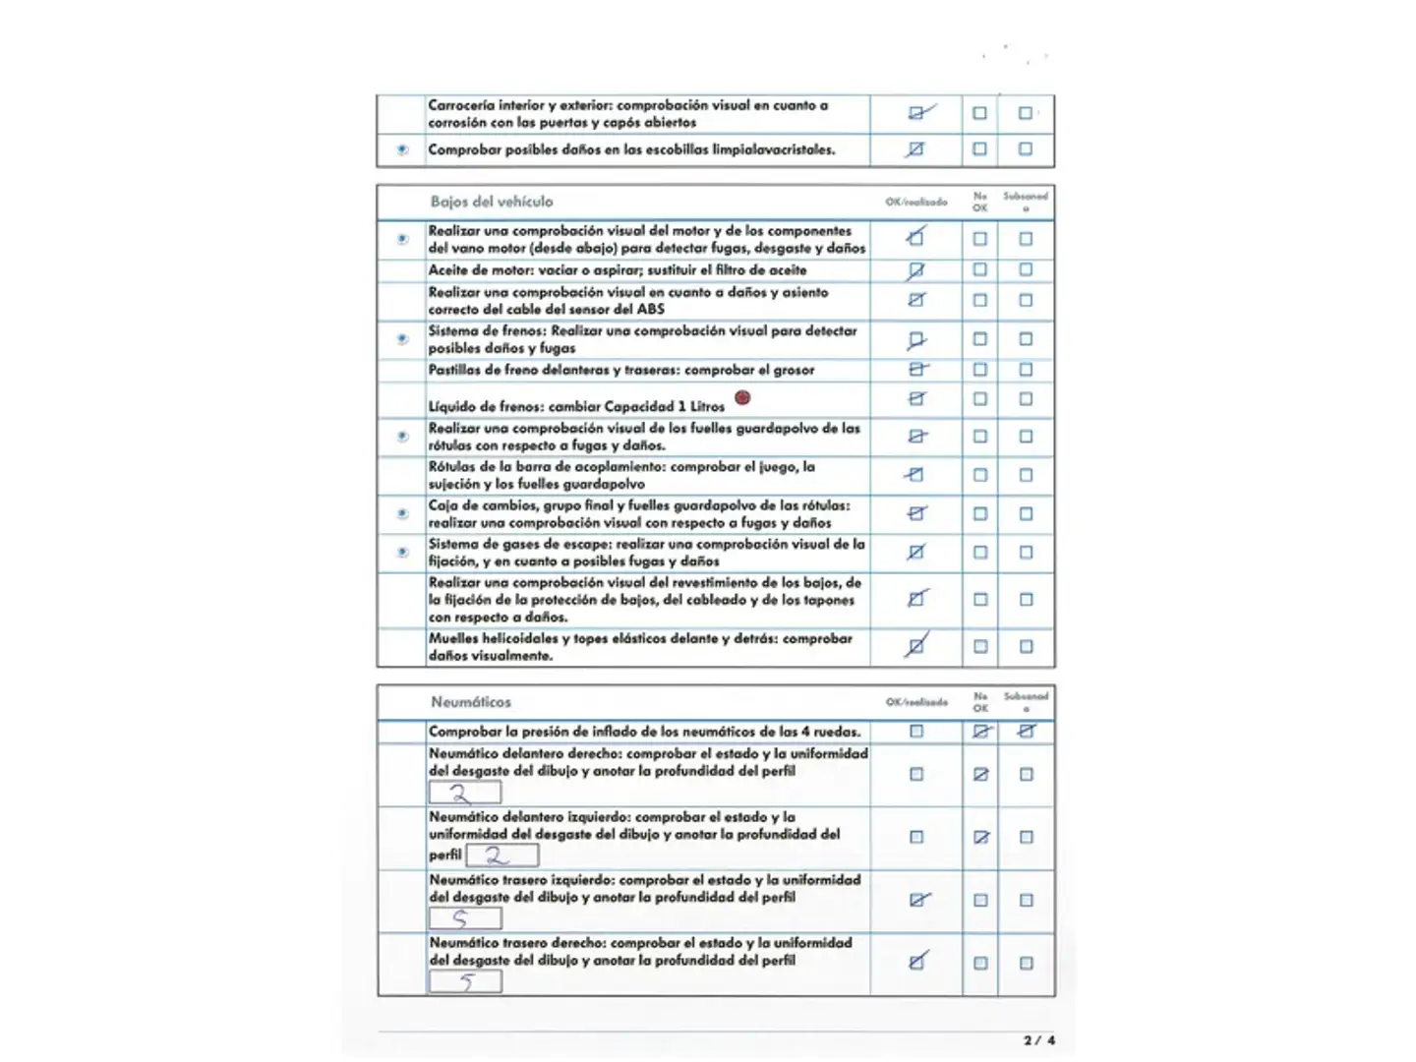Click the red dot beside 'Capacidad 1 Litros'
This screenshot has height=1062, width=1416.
(742, 397)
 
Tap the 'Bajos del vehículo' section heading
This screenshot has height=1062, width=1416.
(492, 202)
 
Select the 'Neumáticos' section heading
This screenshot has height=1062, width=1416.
(471, 702)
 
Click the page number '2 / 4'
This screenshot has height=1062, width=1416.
(1038, 1039)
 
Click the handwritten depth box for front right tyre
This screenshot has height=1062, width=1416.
(465, 793)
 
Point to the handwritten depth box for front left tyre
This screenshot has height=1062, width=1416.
(501, 855)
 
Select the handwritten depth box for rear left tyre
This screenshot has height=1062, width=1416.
(465, 918)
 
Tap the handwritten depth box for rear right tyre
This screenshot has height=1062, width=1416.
(465, 981)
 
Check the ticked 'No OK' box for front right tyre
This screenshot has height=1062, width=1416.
(980, 774)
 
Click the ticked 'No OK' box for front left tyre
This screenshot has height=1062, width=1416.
(980, 837)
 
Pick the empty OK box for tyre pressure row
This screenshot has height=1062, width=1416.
(916, 732)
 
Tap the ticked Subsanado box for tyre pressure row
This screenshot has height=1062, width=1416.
(1027, 731)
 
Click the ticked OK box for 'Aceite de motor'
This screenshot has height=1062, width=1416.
(916, 269)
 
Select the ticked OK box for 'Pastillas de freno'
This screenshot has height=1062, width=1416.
(916, 370)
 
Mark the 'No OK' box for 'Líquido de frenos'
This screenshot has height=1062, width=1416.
(980, 399)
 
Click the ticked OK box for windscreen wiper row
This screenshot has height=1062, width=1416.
(916, 149)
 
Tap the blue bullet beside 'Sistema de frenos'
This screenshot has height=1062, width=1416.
(402, 339)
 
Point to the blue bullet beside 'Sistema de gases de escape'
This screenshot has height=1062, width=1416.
(402, 553)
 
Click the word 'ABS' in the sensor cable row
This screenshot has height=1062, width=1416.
(650, 309)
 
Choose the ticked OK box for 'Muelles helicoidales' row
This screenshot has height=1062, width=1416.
(916, 646)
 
